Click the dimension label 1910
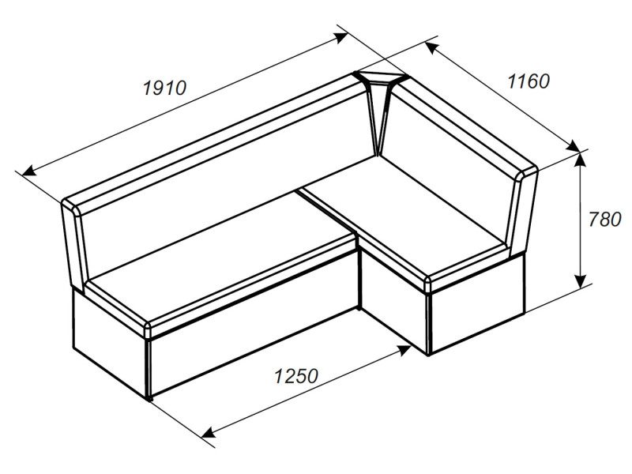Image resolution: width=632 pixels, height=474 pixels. (165, 88)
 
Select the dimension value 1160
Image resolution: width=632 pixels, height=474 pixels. (529, 81)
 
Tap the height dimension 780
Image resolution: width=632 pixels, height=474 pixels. (604, 220)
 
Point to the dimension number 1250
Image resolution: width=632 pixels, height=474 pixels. (296, 376)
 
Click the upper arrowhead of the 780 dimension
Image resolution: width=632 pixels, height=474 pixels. (580, 160)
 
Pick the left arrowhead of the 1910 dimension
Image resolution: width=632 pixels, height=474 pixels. (29, 171)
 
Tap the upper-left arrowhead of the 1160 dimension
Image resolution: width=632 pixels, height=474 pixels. (431, 47)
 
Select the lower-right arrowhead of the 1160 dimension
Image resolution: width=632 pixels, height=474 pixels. (573, 145)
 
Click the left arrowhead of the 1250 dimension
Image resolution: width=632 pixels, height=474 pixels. (208, 432)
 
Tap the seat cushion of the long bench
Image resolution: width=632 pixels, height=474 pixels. (222, 258)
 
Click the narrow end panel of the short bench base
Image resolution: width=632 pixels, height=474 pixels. (478, 307)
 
